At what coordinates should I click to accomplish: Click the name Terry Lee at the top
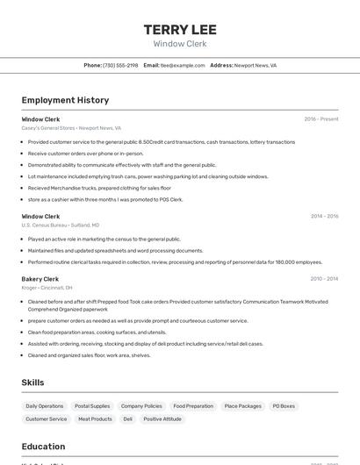[x=180, y=30]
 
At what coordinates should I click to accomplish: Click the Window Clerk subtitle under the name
[x=180, y=43]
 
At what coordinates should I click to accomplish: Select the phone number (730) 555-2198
[x=120, y=66]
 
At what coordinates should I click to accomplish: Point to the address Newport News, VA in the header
[x=255, y=66]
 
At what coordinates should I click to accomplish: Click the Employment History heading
[x=65, y=100]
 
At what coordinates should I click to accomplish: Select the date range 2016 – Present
[x=320, y=119]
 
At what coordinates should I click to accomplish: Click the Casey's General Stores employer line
[x=71, y=128]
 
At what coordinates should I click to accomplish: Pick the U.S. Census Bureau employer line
[x=61, y=225]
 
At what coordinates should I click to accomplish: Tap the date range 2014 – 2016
[x=324, y=216]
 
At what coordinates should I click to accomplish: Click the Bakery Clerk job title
[x=40, y=279]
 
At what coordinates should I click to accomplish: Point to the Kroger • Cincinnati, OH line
[x=47, y=288]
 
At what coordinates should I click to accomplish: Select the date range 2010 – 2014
[x=324, y=279]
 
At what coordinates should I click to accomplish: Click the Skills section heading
[x=33, y=383]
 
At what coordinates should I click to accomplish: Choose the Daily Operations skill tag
[x=45, y=406]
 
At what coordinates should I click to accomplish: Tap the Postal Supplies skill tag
[x=92, y=406]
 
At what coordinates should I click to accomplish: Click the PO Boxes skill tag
[x=284, y=406]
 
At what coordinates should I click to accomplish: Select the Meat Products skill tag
[x=95, y=419]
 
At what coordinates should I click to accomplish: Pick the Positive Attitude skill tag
[x=162, y=419]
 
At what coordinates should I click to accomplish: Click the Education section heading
[x=43, y=447]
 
